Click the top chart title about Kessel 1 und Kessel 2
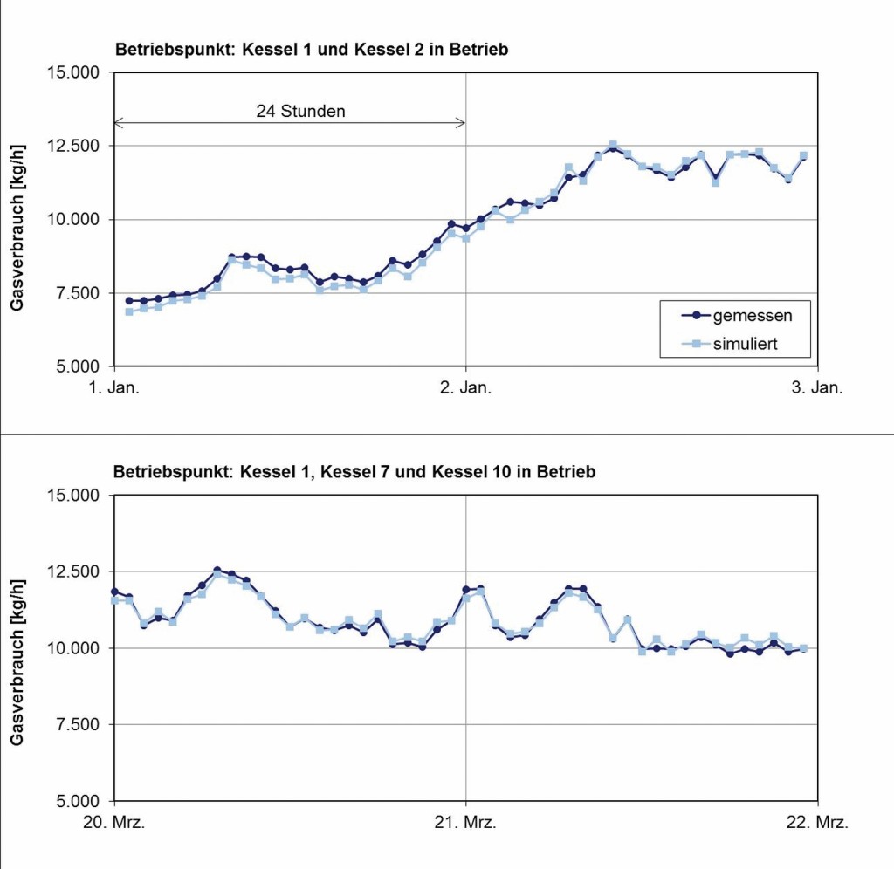311,50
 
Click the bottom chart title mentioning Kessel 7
354,473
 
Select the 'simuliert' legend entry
745,345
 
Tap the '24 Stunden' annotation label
300,111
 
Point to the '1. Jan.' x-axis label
114,387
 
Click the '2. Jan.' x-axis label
465,387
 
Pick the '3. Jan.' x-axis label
817,387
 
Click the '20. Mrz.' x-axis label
114,822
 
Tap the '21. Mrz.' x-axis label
465,822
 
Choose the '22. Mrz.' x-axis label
817,822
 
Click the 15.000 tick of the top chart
76,72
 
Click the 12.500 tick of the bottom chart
76,571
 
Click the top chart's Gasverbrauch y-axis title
17,219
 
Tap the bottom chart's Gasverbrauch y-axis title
17,648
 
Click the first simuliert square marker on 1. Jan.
129,311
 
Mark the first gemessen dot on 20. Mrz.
114,592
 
